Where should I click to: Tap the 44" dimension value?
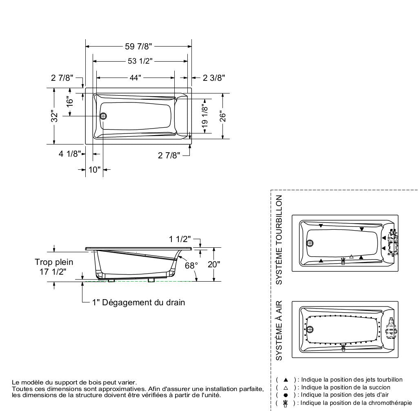tap(135, 78)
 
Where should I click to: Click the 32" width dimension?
tap(54, 116)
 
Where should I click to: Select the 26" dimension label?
tap(222, 116)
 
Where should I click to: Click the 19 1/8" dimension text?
tap(205, 116)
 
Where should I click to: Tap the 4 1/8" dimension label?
tap(68, 154)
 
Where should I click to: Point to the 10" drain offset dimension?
tap(94, 170)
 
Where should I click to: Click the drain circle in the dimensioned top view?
tap(103, 116)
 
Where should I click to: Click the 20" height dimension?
tap(213, 264)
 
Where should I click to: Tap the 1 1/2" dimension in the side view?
tap(180, 240)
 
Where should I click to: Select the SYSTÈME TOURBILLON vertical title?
tap(280, 240)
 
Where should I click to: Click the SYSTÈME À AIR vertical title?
tap(280, 330)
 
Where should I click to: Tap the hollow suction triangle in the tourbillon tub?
tap(351, 257)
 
